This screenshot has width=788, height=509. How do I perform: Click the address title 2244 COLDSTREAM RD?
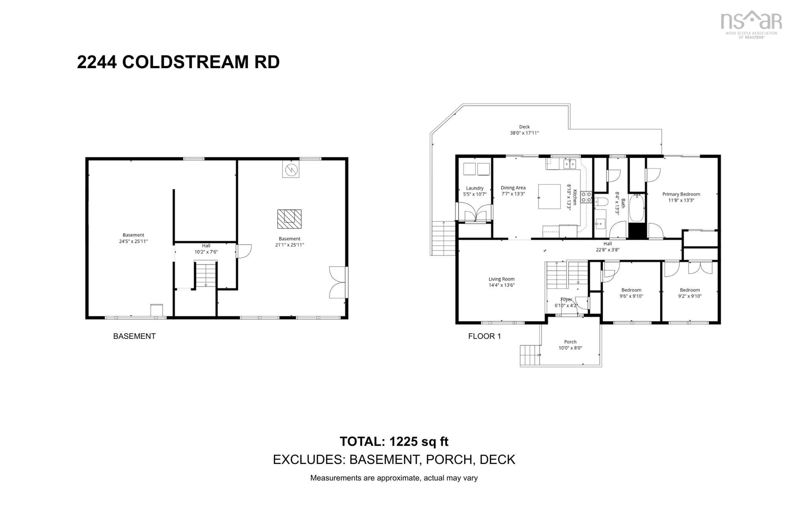178,62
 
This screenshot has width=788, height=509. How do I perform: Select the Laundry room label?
475,188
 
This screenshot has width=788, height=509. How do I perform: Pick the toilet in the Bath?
601,201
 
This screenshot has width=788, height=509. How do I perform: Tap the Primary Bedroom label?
681,194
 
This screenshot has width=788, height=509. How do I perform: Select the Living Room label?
501,279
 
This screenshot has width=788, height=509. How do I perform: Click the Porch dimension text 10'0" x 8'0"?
570,348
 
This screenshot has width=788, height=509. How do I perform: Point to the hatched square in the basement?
289,219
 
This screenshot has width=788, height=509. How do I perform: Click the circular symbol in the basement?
291,170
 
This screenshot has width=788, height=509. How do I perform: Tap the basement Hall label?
206,245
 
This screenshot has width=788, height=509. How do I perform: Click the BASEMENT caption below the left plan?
134,336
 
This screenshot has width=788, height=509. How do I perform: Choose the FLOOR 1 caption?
484,336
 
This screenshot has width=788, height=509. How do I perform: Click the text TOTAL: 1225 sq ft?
394,442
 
